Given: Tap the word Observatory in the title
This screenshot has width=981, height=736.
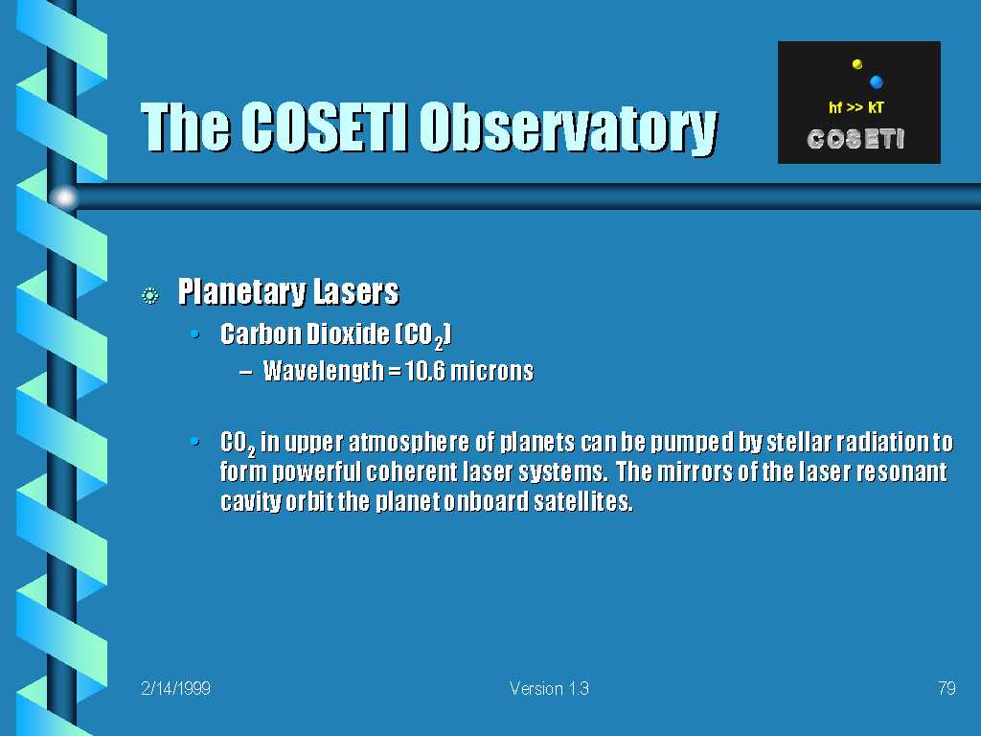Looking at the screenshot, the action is click(568, 129).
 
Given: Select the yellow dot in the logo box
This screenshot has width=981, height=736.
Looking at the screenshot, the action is click(857, 64).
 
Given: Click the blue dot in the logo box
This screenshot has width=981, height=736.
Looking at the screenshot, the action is click(876, 81).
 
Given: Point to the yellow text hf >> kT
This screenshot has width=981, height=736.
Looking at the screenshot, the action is click(856, 107).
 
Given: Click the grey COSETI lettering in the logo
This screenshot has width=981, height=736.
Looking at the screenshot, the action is click(856, 139).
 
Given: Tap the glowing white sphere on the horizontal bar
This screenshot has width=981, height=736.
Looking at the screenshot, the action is click(64, 197).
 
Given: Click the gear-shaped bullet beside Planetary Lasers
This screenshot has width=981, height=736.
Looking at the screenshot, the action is click(150, 295).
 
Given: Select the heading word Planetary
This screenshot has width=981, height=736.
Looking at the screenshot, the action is click(241, 292).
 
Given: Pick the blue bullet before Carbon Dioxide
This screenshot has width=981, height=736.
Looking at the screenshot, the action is click(194, 334).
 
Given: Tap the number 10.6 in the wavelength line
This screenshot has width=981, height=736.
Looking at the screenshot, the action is click(425, 371).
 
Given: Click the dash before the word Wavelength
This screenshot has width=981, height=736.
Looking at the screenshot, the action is click(246, 372).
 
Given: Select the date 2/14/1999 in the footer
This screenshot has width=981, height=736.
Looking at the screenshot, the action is click(176, 688).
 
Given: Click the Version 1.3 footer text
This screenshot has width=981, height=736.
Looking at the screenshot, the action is click(549, 688).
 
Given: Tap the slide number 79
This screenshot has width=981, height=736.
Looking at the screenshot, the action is click(947, 688).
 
